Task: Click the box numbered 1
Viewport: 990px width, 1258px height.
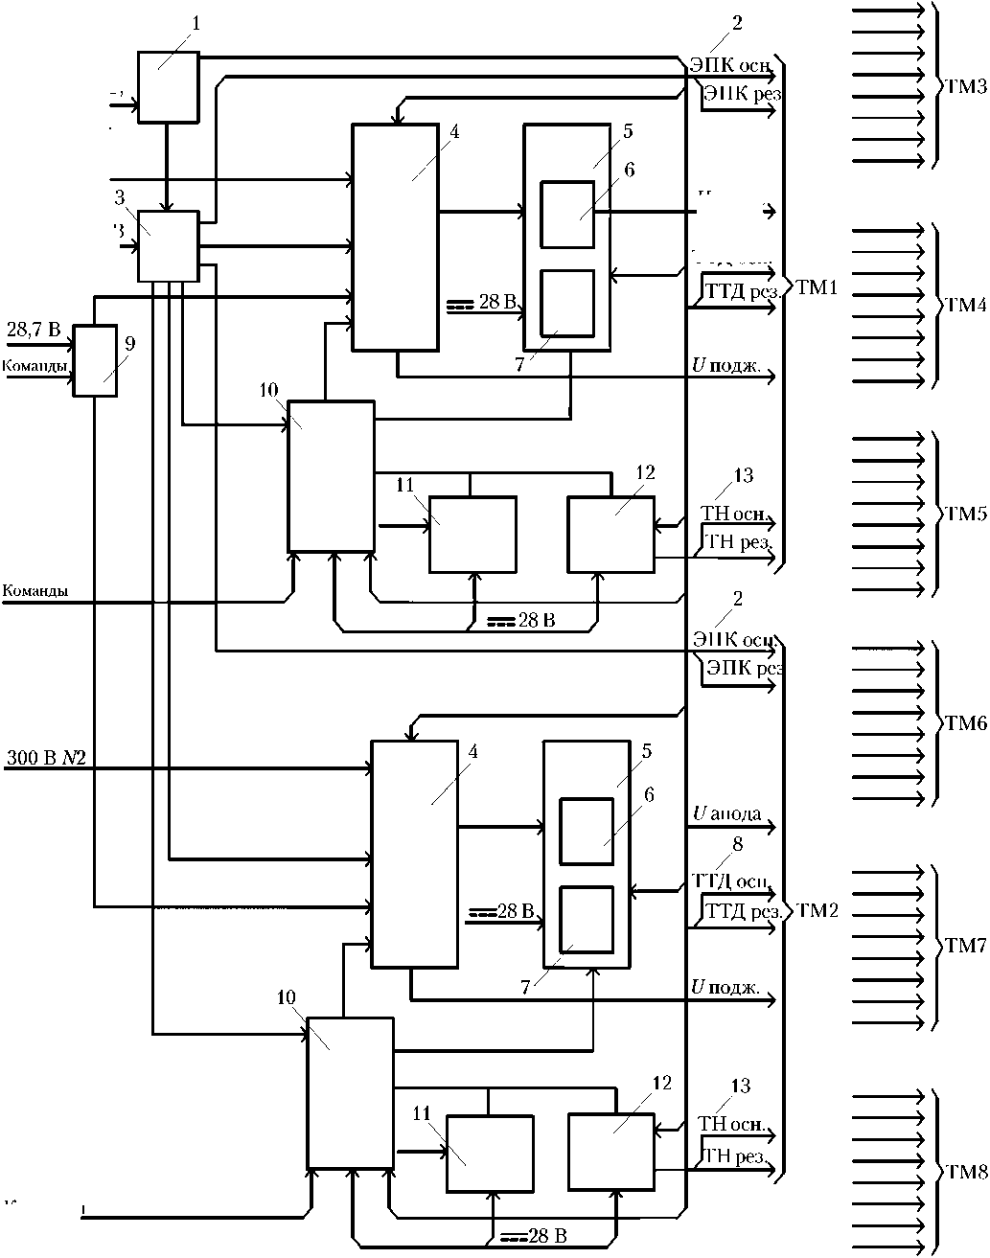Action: pyautogui.click(x=168, y=87)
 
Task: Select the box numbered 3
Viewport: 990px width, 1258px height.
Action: pyautogui.click(x=168, y=246)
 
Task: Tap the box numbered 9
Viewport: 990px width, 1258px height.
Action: pyautogui.click(x=95, y=360)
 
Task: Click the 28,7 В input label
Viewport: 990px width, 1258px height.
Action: pyautogui.click(x=33, y=331)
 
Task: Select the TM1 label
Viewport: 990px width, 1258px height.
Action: pyautogui.click(x=817, y=286)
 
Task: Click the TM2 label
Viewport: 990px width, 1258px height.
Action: pyautogui.click(x=817, y=910)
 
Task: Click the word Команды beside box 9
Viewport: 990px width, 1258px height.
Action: pyautogui.click(x=34, y=366)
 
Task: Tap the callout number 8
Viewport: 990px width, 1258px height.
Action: pyautogui.click(x=737, y=844)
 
